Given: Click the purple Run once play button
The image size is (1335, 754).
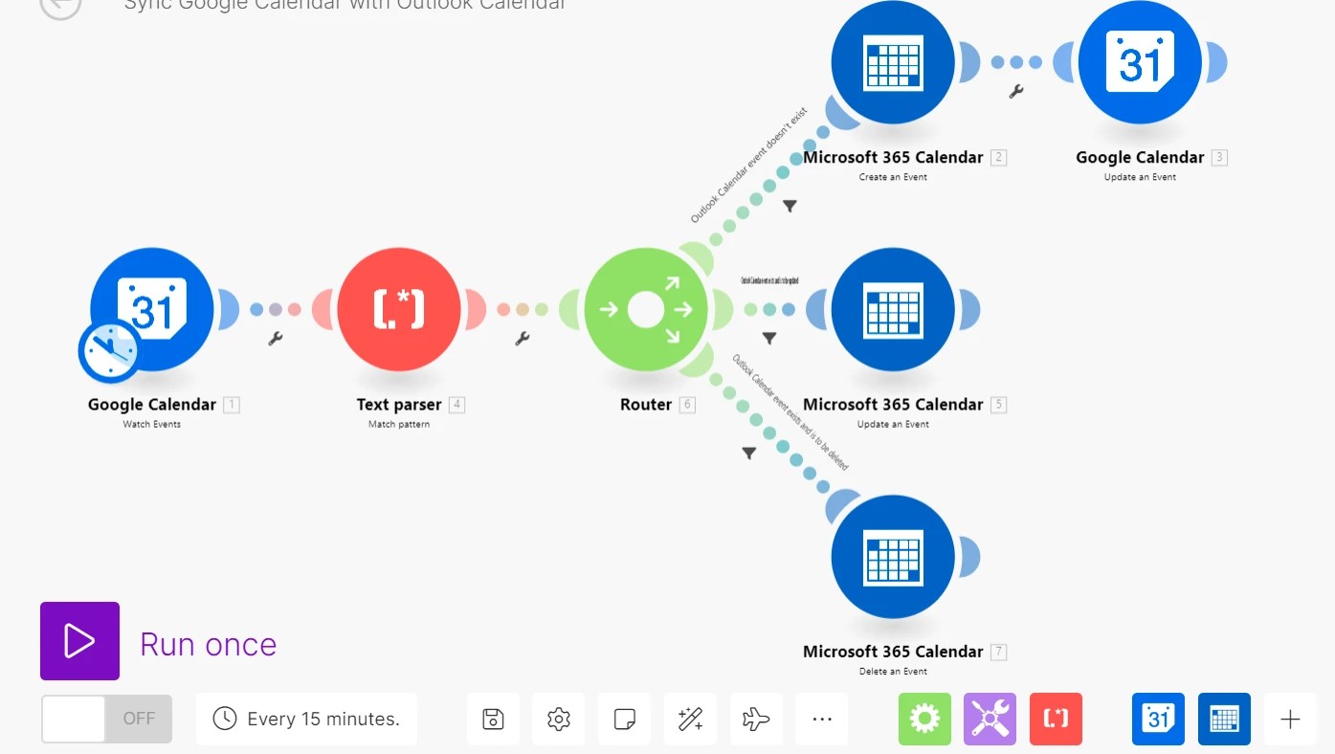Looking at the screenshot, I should pos(79,641).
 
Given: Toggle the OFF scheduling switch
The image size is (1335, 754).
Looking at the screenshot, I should pos(106,719).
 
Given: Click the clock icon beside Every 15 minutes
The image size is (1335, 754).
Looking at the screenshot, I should pos(224,719).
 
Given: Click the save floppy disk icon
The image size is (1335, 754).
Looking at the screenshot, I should pos(493,719).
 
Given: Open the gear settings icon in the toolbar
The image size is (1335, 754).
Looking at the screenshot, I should pos(559,719).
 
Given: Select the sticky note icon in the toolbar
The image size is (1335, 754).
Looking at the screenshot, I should pos(624,719).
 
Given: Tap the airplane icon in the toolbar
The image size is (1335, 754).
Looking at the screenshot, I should pos(756,719).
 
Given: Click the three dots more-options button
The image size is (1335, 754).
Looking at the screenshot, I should pos(821,719).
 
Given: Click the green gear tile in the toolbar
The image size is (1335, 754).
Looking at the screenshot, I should pos(924,719).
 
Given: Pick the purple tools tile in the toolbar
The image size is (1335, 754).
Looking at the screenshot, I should pos(990,719).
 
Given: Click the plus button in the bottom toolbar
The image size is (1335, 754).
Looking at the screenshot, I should pos(1290,720).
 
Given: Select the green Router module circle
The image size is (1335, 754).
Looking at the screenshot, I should pos(646,309).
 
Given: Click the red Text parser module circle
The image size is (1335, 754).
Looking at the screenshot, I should pos(398,309).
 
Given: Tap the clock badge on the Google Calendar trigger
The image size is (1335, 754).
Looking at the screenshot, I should pos(110,351).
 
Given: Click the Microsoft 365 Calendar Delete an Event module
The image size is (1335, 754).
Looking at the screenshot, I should pos(893,557).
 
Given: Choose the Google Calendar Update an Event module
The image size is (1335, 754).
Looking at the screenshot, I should pos(1139,63).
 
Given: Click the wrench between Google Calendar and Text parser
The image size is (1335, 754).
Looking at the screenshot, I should pos(276,338).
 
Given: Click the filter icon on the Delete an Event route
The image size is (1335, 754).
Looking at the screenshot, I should pos(748,454).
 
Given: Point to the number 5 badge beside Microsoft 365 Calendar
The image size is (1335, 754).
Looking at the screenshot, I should pos(998,405).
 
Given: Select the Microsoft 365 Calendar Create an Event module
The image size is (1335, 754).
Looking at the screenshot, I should pos(893,63).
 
